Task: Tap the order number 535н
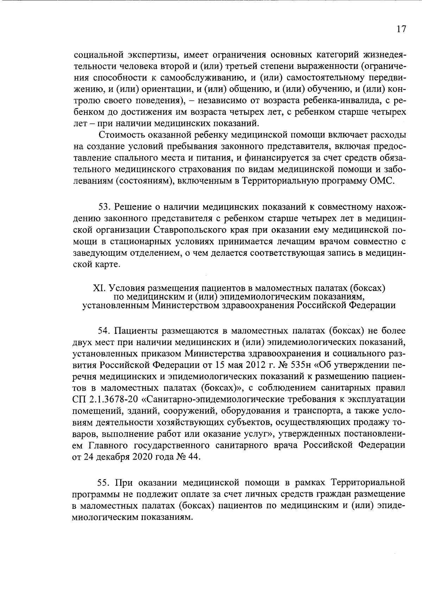click(298, 365)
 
